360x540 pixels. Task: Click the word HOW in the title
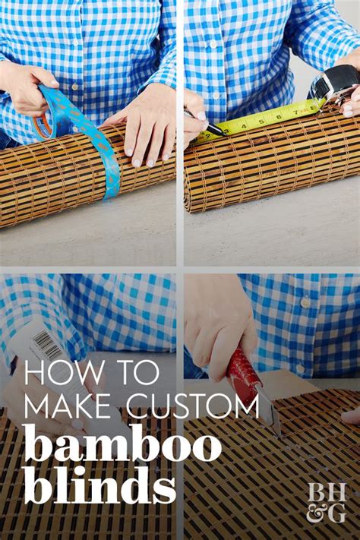(58, 373)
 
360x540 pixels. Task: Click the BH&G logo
(327, 501)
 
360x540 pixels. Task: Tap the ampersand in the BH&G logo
(317, 513)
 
